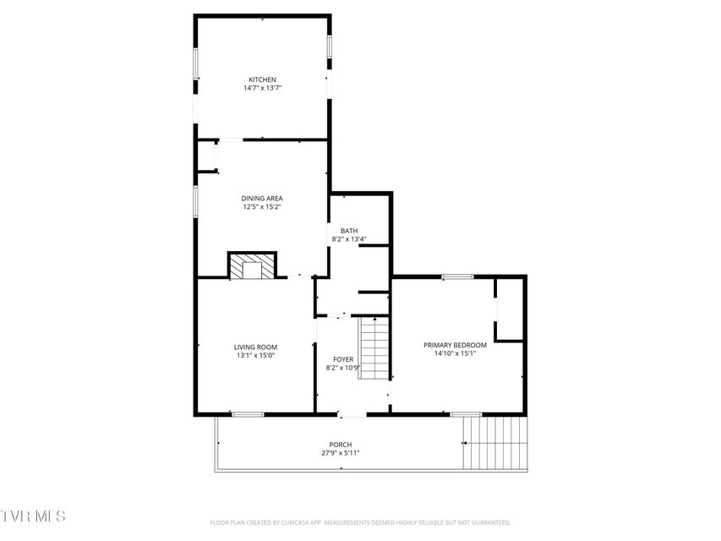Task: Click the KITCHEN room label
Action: (262, 79)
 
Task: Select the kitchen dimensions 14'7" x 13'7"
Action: (262, 88)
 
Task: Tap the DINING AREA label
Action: (262, 199)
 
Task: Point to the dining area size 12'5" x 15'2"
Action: (262, 206)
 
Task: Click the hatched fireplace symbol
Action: (252, 265)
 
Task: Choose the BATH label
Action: (349, 231)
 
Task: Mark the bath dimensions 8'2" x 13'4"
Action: (349, 238)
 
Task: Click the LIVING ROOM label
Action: (255, 347)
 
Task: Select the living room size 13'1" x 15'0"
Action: (255, 356)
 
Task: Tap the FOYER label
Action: (343, 359)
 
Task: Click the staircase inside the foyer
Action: (374, 348)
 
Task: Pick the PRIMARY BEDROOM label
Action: (455, 345)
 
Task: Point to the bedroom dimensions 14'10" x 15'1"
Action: (455, 353)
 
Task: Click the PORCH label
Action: (341, 445)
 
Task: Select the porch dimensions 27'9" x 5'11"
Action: (341, 453)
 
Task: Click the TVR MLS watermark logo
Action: (33, 516)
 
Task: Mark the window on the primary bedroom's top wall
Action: (457, 276)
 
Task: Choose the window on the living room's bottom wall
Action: (248, 414)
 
